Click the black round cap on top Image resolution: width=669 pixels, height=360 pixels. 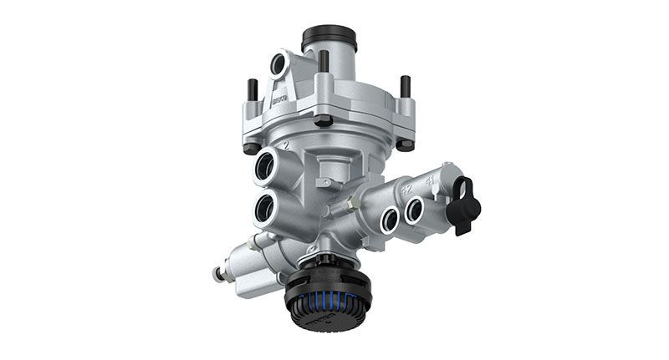[x=329, y=38]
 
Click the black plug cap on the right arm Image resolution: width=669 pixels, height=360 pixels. [x=462, y=203]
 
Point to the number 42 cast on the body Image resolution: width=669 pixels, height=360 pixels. [x=407, y=189]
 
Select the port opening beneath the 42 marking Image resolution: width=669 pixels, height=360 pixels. [x=389, y=220]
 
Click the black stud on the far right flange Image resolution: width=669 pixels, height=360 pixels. [x=405, y=87]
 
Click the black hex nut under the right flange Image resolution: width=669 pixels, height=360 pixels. [x=405, y=143]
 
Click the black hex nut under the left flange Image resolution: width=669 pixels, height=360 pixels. [x=252, y=148]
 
